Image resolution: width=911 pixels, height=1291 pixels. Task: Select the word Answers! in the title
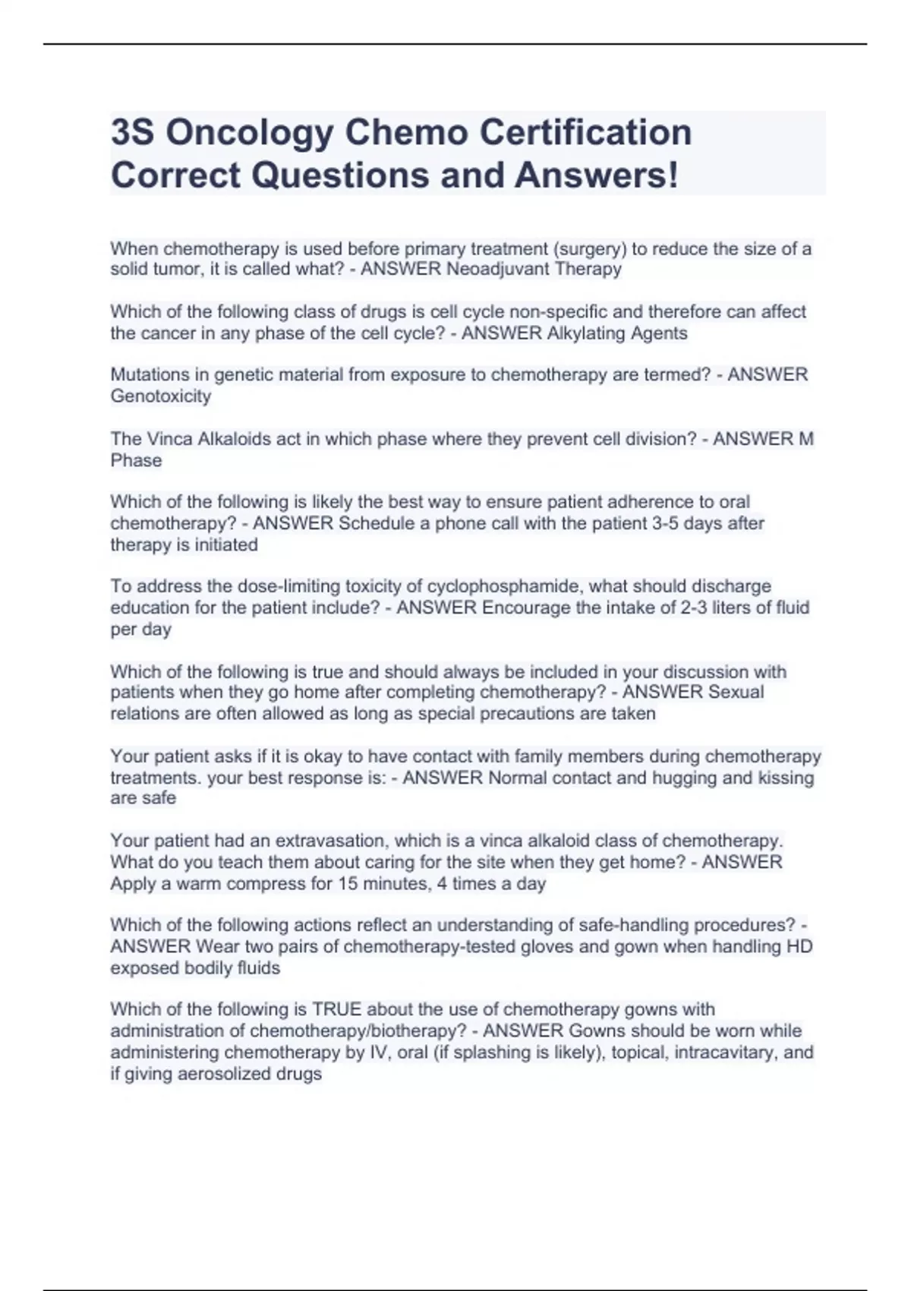596,175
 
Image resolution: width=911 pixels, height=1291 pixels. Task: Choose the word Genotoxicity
161,396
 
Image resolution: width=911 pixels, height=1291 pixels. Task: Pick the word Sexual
736,693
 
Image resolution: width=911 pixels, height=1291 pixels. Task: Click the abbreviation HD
800,947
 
